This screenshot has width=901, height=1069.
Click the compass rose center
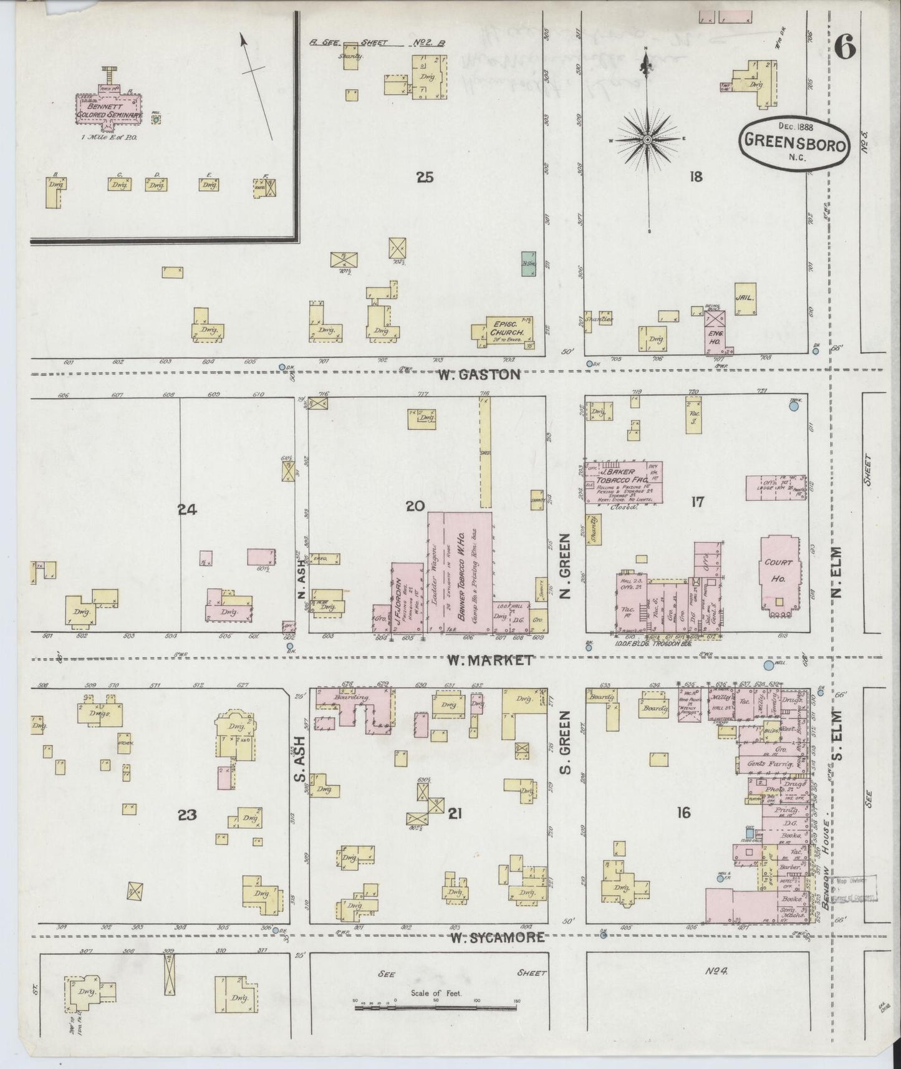click(x=648, y=139)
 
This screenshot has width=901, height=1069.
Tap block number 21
click(x=455, y=813)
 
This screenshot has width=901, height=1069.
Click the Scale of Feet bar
click(x=436, y=1006)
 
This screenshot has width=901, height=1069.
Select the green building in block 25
click(x=528, y=264)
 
